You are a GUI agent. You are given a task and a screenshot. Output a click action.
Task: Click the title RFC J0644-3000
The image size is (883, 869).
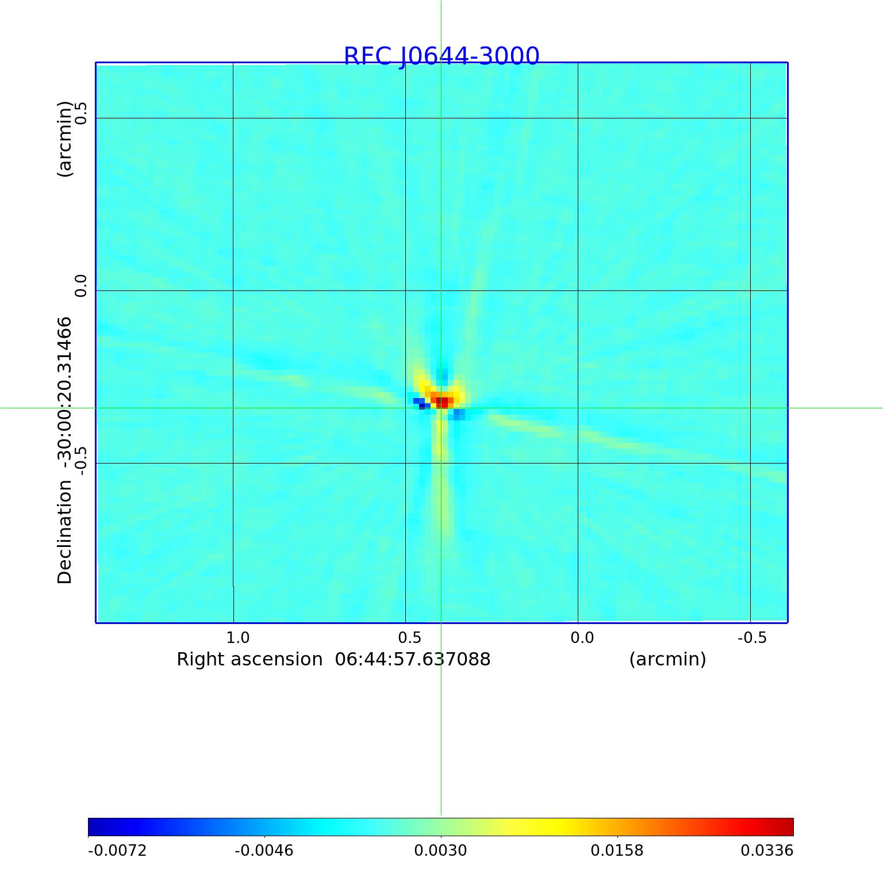pyautogui.click(x=441, y=56)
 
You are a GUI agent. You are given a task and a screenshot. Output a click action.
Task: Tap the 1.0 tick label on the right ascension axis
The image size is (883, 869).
pyautogui.click(x=237, y=637)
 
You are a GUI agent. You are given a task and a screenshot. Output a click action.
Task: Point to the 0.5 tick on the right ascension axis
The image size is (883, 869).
pyautogui.click(x=409, y=637)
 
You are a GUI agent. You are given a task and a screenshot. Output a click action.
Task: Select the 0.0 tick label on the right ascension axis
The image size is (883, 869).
pyautogui.click(x=582, y=637)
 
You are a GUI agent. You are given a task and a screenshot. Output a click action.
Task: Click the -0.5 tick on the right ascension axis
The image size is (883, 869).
pyautogui.click(x=752, y=637)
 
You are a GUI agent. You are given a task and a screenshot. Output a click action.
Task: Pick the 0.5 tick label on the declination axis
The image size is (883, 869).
pyautogui.click(x=80, y=113)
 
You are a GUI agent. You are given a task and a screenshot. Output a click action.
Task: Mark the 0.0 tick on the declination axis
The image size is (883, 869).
pyautogui.click(x=80, y=286)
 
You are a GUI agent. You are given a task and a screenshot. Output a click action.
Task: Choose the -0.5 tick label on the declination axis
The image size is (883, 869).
pyautogui.click(x=80, y=460)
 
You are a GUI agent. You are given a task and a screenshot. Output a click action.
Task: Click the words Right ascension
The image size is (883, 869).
pyautogui.click(x=249, y=659)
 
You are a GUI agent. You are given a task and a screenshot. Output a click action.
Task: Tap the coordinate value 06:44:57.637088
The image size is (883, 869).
pyautogui.click(x=413, y=659)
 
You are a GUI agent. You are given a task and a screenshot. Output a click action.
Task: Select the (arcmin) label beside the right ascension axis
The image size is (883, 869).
pyautogui.click(x=667, y=659)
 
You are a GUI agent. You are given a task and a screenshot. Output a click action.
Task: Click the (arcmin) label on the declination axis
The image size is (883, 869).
pyautogui.click(x=65, y=139)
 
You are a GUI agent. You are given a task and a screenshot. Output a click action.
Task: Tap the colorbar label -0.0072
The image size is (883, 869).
pyautogui.click(x=117, y=850)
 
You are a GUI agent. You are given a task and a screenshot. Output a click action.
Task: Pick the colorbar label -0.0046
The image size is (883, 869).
pyautogui.click(x=264, y=850)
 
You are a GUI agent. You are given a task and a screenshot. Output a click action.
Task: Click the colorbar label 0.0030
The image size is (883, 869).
pyautogui.click(x=440, y=850)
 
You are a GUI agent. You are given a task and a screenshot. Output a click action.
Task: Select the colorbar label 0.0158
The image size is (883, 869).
pyautogui.click(x=617, y=850)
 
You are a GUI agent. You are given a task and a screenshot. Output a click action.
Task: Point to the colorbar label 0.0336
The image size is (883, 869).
pyautogui.click(x=766, y=850)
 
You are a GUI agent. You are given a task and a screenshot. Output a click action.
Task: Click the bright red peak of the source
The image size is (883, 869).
pyautogui.click(x=442, y=401)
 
